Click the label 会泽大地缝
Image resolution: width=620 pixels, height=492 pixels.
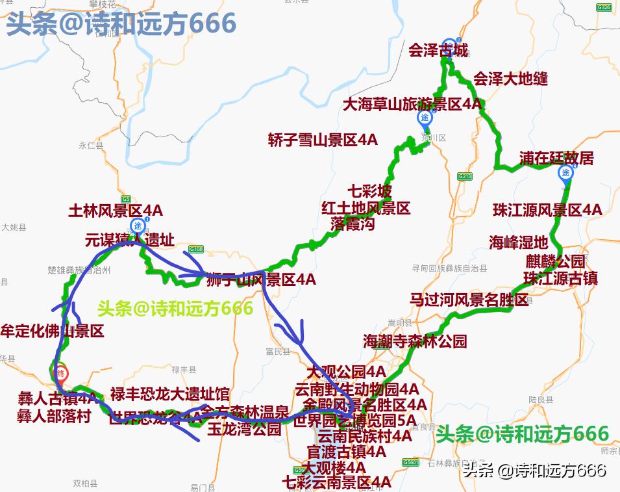pyautogui.click(x=510, y=79)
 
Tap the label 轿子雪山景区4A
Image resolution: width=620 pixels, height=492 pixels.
pyautogui.click(x=323, y=140)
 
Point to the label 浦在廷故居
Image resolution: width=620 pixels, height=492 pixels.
pyautogui.click(x=556, y=158)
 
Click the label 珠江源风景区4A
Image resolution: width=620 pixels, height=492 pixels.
pyautogui.click(x=547, y=210)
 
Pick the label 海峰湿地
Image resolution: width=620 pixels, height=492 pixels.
pyautogui.click(x=519, y=242)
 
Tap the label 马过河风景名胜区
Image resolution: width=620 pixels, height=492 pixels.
pyautogui.click(x=469, y=300)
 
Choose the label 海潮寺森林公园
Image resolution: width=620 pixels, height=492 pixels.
pyautogui.click(x=415, y=341)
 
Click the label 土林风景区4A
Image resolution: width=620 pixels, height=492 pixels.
pyautogui.click(x=116, y=211)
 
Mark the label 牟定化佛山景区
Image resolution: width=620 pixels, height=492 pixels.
pyautogui.click(x=53, y=331)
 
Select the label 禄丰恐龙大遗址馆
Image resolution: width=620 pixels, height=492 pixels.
pyautogui.click(x=169, y=394)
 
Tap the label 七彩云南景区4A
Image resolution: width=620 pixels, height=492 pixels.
pyautogui.click(x=337, y=482)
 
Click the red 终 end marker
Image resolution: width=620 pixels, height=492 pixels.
pyautogui.click(x=60, y=372)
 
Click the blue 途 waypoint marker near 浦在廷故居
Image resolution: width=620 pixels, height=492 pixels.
pyautogui.click(x=565, y=173)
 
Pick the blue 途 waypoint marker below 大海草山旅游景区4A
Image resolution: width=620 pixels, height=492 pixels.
pyautogui.click(x=425, y=118)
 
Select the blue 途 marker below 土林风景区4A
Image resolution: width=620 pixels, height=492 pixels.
pyautogui.click(x=138, y=226)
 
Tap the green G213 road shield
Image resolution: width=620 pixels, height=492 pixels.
pyautogui.click(x=464, y=176)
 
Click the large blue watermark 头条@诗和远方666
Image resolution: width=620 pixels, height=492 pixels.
pyautogui.click(x=121, y=24)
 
